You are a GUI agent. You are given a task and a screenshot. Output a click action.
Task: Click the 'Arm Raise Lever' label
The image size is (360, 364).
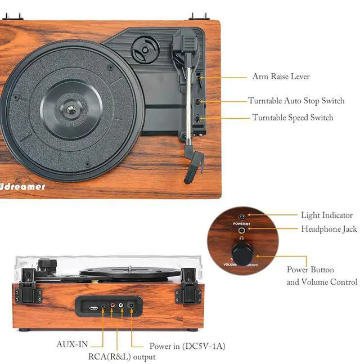tap(281, 77)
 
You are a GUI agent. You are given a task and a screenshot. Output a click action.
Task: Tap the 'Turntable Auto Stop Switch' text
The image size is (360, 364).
tap(296, 101)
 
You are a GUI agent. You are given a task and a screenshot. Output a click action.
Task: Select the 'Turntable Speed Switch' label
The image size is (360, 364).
tap(292, 118)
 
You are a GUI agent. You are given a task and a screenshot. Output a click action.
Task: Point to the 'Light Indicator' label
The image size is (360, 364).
tap(326, 215)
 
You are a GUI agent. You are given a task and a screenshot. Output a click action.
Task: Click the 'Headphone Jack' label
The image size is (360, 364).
tap(328, 229)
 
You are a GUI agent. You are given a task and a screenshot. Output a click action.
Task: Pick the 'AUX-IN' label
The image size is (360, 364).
tap(71, 344)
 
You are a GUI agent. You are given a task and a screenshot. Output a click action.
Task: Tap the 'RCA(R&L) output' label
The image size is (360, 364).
tap(121, 357)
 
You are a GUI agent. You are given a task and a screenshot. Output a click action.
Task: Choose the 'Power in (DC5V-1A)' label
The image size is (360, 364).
tap(187, 346)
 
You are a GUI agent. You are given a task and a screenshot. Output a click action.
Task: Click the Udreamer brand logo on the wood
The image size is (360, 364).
tap(23, 186)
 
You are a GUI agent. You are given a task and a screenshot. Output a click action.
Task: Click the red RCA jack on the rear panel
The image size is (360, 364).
tap(112, 307)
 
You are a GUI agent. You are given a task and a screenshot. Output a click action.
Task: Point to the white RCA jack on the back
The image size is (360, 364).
tap(120, 307)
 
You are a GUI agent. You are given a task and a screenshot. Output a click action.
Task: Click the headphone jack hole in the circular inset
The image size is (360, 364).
tap(242, 230)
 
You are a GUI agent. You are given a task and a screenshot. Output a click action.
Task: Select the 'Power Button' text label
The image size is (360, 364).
tap(310, 270)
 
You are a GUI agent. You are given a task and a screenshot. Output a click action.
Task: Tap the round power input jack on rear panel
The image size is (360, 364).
tap(132, 307)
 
